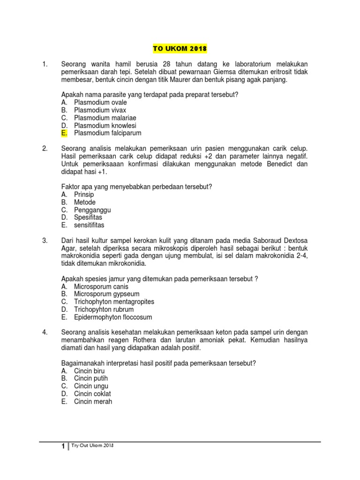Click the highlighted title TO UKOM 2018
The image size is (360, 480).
180,49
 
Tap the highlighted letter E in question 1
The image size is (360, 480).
64,133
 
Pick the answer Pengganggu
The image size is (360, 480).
92,210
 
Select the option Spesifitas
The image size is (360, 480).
88,217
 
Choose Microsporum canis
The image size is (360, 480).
101,286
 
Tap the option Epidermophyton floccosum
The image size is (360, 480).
113,317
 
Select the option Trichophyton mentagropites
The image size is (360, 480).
114,302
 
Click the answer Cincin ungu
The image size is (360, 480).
91,386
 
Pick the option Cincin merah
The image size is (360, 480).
93,402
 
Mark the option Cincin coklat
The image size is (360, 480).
92,394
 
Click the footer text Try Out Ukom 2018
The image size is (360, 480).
93,445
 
